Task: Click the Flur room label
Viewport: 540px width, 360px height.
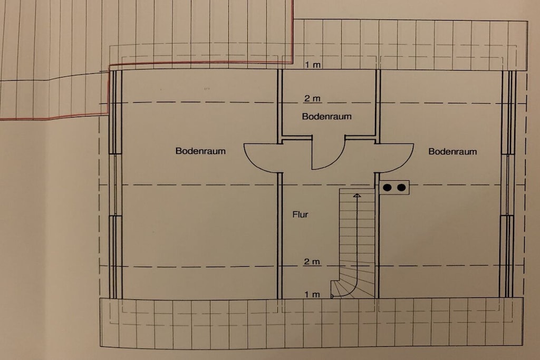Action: (300, 215)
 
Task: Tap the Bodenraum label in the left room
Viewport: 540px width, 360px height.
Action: (200, 151)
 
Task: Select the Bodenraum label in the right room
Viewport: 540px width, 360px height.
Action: (452, 151)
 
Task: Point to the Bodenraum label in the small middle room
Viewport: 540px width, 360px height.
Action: (326, 116)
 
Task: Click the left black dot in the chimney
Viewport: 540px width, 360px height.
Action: (388, 188)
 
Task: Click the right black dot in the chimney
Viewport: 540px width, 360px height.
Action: (401, 188)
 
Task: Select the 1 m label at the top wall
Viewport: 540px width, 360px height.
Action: (313, 65)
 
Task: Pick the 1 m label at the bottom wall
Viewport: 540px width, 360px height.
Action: (312, 295)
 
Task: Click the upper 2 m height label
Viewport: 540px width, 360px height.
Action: (312, 99)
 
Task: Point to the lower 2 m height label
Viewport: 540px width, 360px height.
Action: (312, 261)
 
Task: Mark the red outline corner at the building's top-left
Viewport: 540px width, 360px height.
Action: (110, 66)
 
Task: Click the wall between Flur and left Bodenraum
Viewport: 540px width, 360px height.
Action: (279, 236)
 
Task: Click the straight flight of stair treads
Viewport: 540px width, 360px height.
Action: (357, 228)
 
